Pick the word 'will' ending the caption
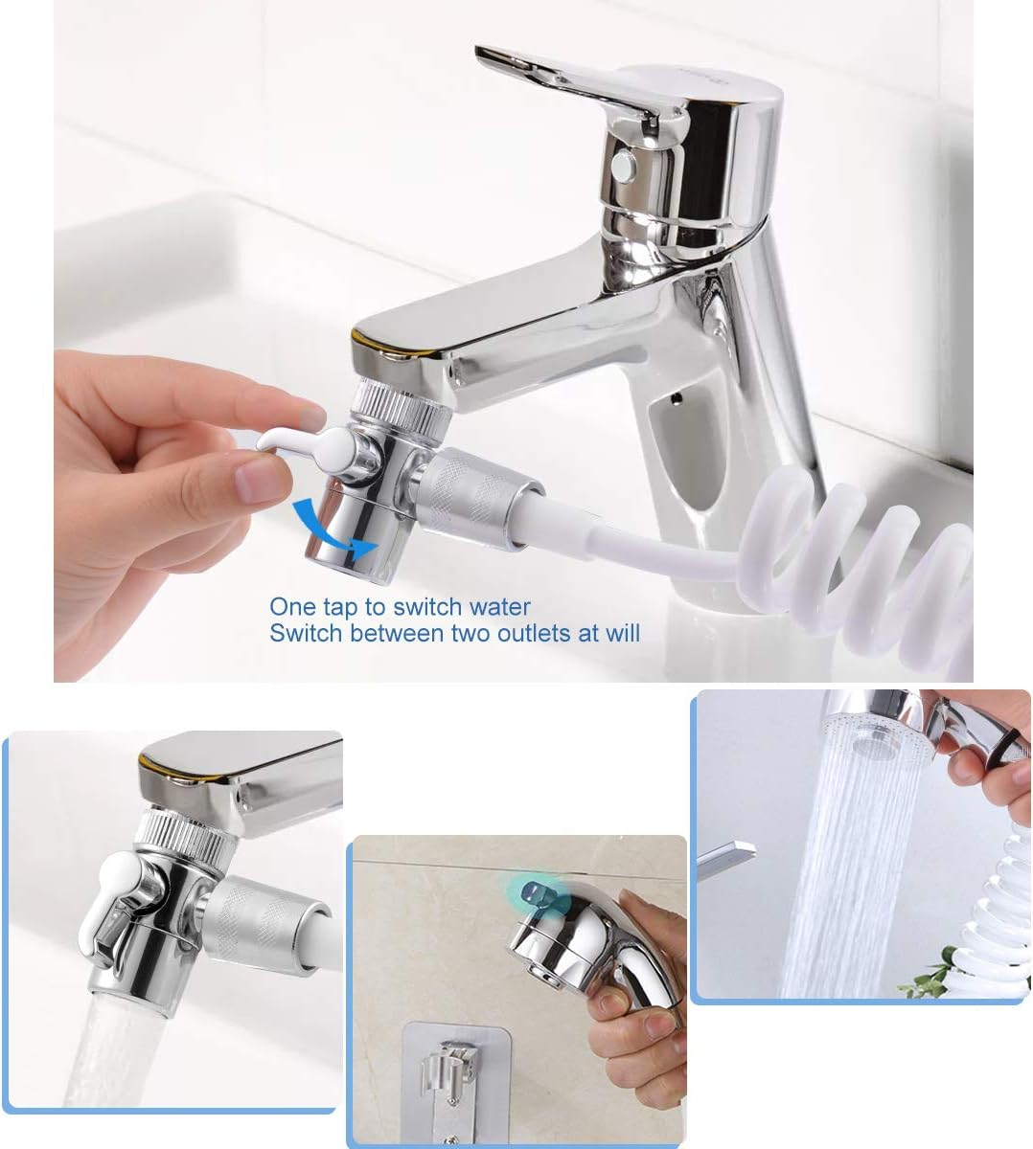622,633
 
